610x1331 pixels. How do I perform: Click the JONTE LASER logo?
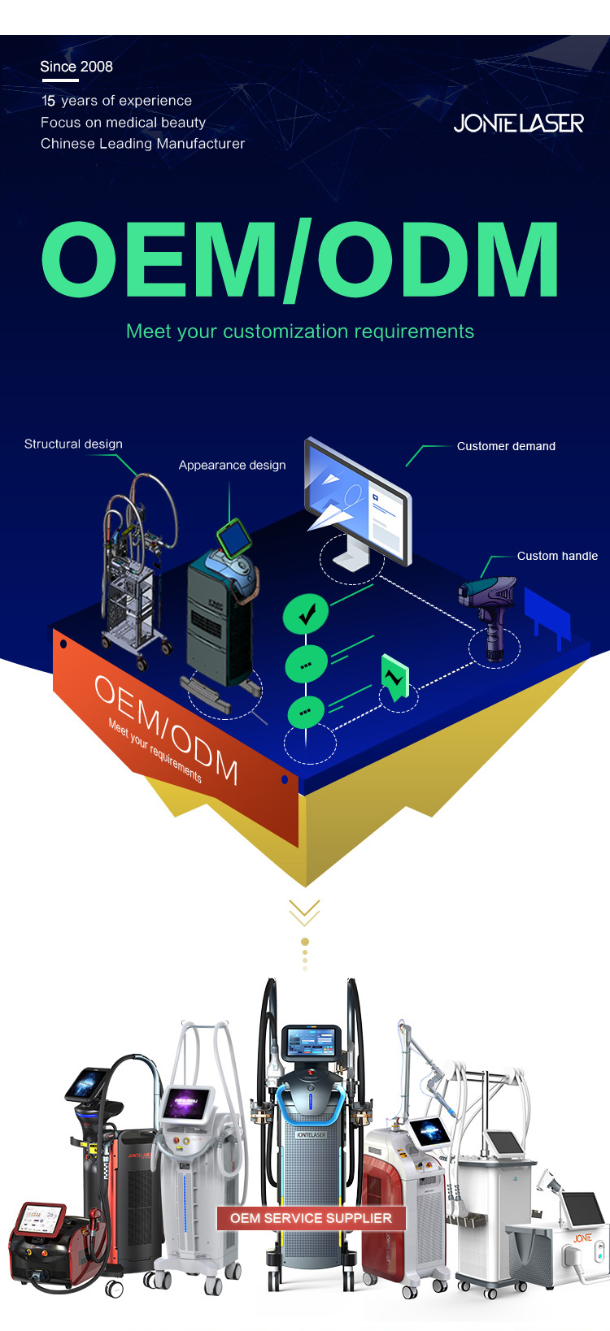pos(518,124)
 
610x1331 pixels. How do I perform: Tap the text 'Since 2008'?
pos(76,67)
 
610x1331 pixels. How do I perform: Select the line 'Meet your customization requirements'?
pos(299,332)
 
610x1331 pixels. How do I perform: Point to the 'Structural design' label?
pos(73,444)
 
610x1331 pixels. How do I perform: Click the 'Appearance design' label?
pos(232,465)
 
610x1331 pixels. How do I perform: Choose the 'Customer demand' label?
pos(506,446)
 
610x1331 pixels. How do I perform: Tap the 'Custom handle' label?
pos(557,556)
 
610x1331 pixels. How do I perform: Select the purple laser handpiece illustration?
pos(490,609)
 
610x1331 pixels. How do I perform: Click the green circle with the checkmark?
pos(306,613)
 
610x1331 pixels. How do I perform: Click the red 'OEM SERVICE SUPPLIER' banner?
pos(311,1218)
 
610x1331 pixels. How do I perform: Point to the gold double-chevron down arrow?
pos(304,912)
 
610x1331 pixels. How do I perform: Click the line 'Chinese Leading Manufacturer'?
pos(142,144)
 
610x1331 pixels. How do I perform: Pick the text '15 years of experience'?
pos(116,101)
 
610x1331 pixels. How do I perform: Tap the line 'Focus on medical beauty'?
pos(123,123)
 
